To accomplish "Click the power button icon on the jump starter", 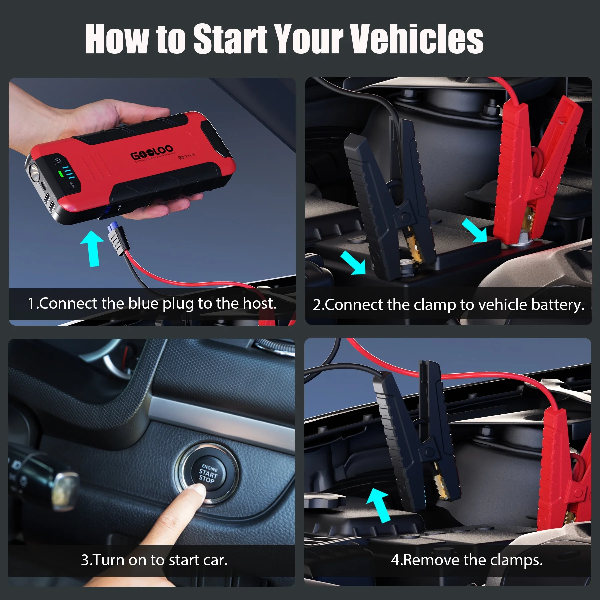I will [58, 161].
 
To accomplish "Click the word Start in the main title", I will [230, 39].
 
